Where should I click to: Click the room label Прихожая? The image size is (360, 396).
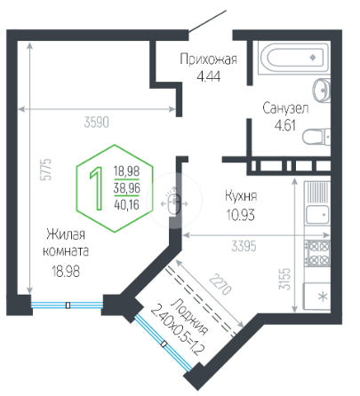pos(209,59)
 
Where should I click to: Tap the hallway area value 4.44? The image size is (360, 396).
pos(209,77)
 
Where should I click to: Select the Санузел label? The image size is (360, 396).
pos(285,108)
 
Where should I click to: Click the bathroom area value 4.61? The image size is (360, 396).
pos(285,126)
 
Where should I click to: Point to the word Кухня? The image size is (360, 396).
pos(241,196)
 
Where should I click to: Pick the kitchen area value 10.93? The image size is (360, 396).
pos(240,215)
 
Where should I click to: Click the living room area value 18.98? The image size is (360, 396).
pos(66,271)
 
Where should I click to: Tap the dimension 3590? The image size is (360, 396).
pos(97,123)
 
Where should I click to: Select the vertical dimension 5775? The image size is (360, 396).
pos(46,170)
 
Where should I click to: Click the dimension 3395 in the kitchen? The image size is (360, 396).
pos(244,246)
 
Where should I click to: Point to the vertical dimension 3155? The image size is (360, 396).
pos(285,279)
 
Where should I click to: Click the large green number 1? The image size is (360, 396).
pos(96,188)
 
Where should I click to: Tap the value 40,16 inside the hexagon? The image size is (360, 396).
pos(126,204)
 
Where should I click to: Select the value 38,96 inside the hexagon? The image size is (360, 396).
pos(127,188)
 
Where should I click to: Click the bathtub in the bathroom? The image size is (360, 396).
pos(293,58)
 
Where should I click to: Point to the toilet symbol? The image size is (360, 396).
pos(316,137)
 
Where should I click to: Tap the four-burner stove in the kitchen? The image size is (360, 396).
pos(318,253)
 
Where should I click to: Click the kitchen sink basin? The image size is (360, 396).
pos(317,215)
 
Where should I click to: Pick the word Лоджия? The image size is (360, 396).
pos(189,317)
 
